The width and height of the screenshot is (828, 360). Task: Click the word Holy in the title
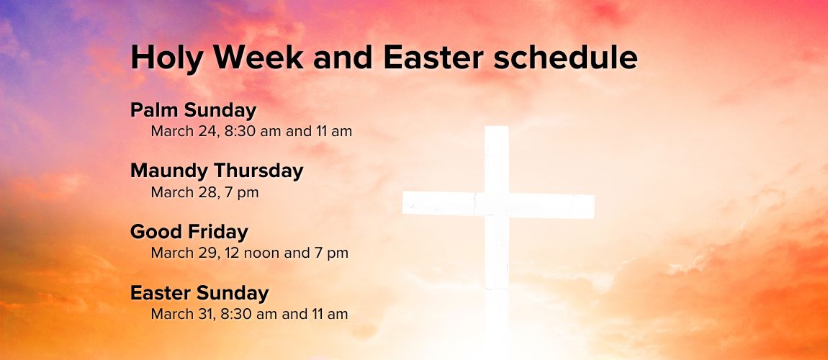(166, 58)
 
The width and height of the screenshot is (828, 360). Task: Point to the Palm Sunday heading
(193, 110)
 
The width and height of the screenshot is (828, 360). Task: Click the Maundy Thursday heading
(217, 171)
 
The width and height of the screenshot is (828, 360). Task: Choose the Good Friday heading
(189, 232)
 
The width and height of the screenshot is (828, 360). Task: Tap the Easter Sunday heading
(199, 292)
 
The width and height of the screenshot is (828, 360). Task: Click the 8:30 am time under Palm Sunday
(253, 132)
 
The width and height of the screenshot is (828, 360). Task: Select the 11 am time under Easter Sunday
(332, 314)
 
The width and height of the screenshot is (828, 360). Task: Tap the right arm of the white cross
(552, 206)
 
